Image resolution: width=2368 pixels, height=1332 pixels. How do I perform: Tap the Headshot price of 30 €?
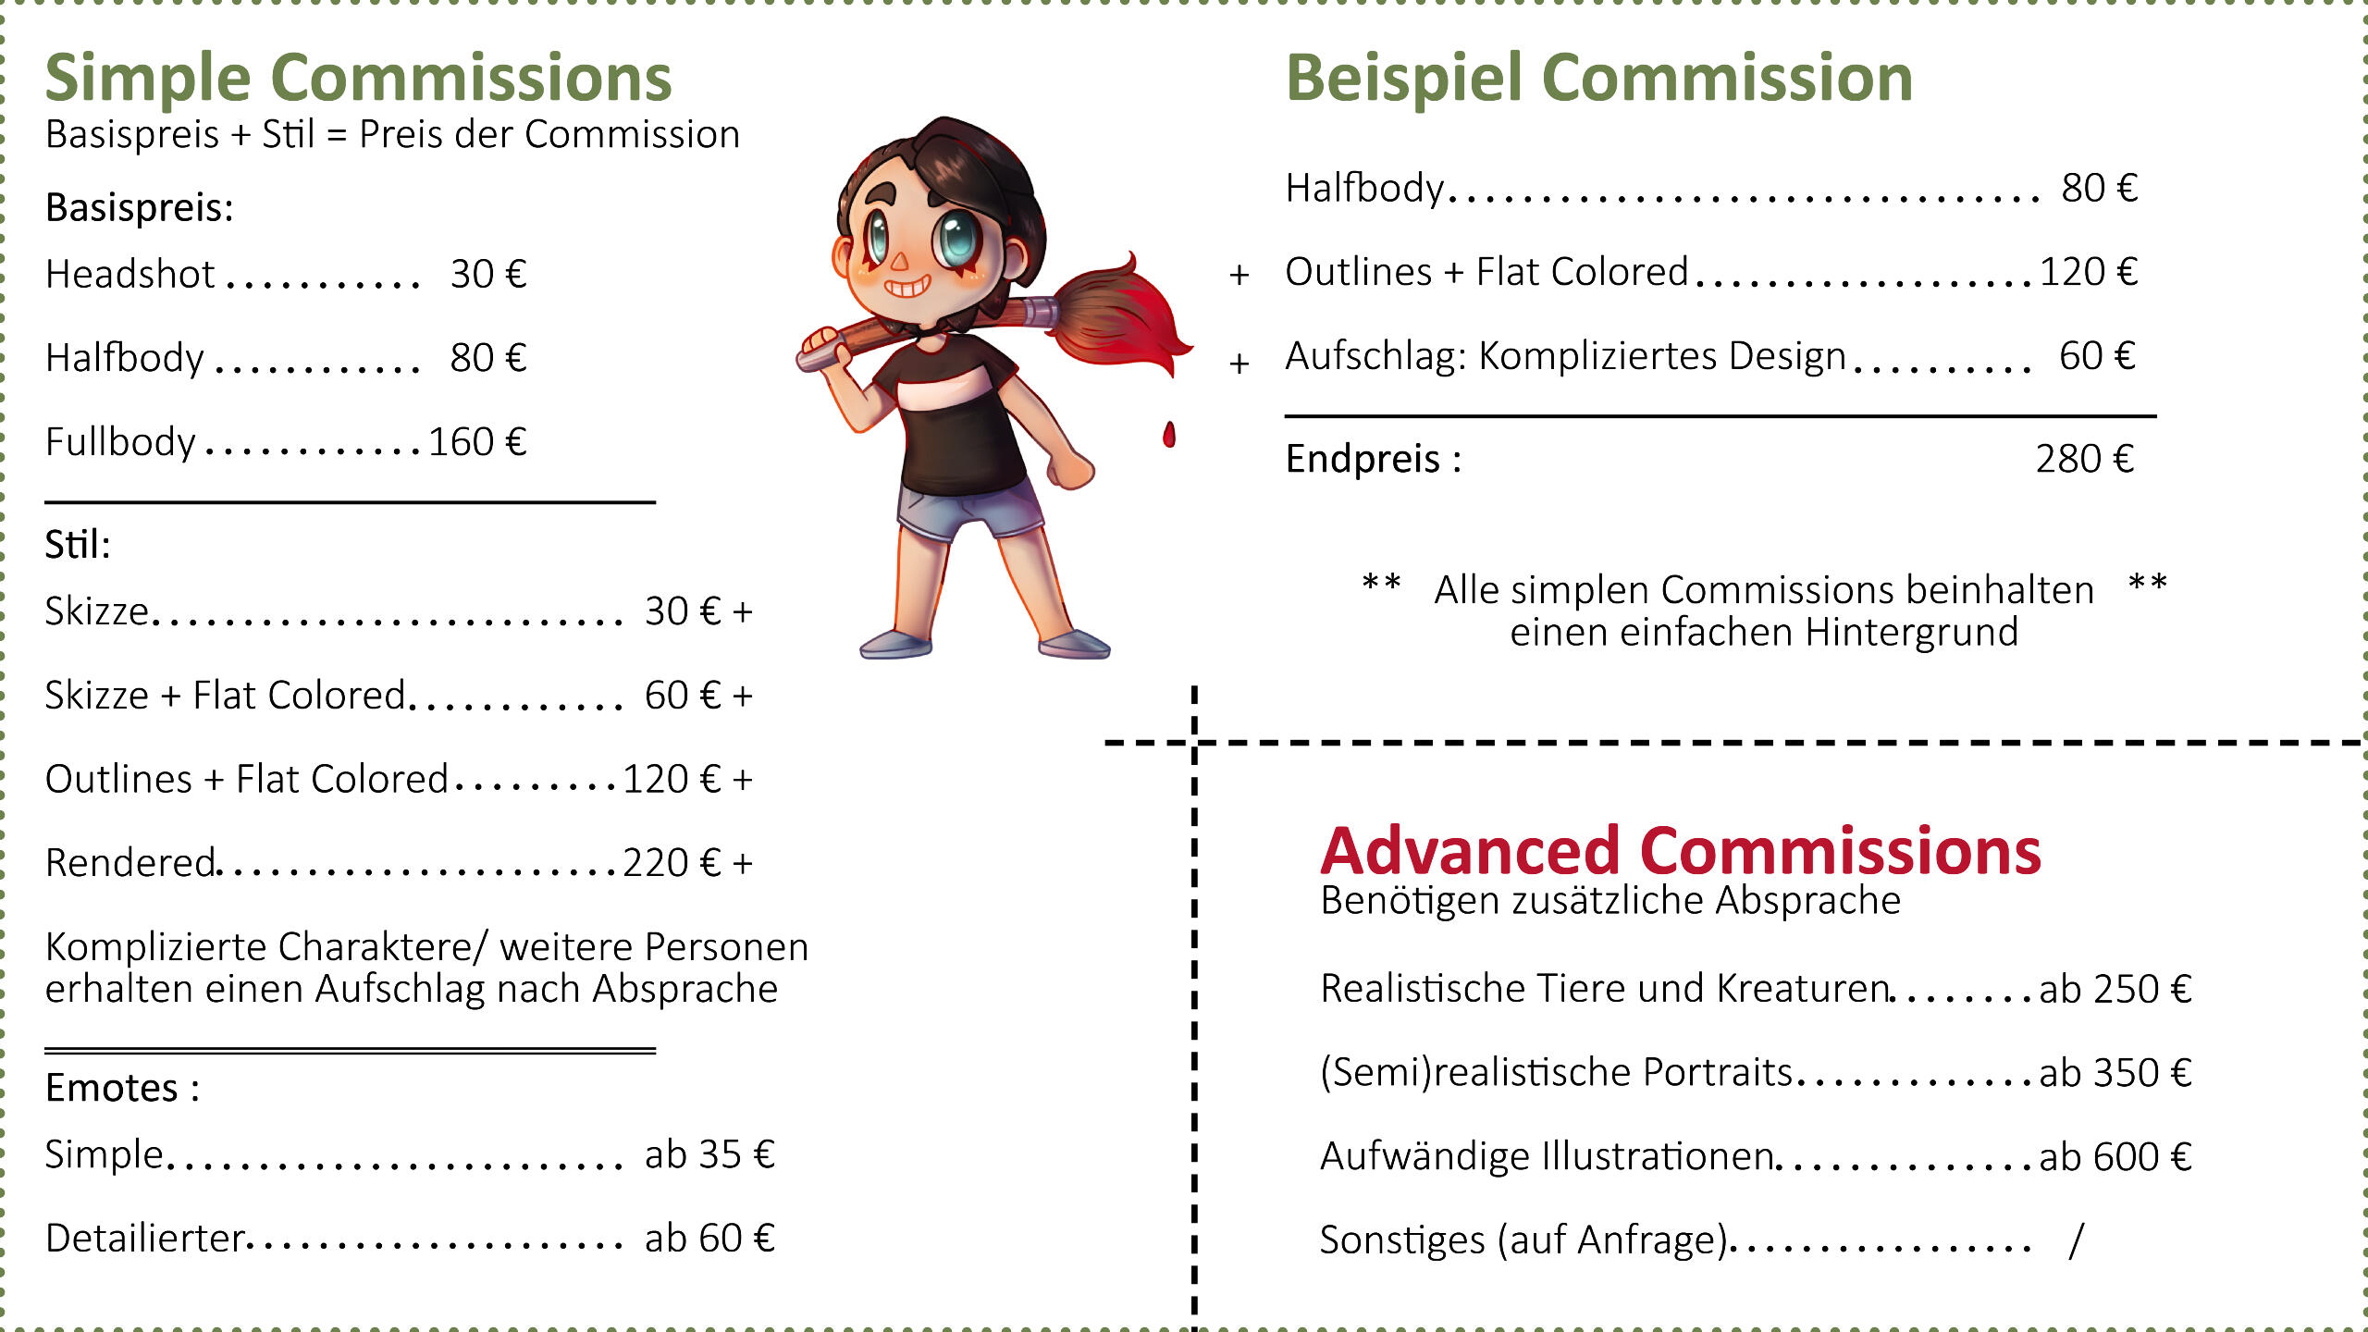(488, 275)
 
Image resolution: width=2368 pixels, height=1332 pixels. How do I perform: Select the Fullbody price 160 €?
(477, 442)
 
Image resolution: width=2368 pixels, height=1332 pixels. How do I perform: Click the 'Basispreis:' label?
(140, 208)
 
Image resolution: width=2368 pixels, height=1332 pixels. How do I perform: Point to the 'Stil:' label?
(78, 545)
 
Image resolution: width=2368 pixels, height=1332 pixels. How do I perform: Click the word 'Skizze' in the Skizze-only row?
(97, 611)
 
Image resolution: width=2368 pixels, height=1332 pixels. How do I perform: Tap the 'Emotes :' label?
(122, 1088)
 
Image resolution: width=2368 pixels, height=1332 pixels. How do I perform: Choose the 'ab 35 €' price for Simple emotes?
(709, 1154)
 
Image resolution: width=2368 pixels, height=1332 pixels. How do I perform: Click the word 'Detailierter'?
(145, 1239)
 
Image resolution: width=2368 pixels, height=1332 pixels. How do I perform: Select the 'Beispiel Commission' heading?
(1599, 78)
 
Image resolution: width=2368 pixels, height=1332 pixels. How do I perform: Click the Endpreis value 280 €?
(2085, 459)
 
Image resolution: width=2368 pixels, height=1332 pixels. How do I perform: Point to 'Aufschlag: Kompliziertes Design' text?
(1566, 356)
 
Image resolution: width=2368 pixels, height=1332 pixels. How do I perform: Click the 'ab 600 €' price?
(2115, 1157)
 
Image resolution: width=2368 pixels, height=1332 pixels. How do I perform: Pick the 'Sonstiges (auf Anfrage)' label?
(1524, 1240)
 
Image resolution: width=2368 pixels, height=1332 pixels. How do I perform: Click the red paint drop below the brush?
(1169, 434)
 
